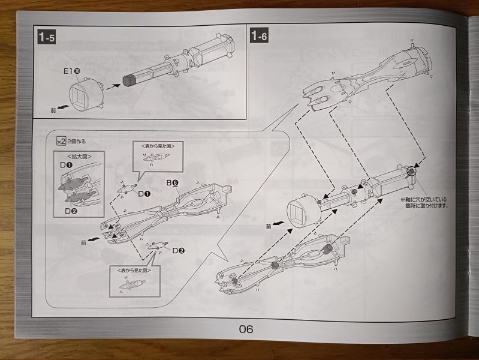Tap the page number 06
(x=246, y=328)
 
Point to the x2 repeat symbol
(x=60, y=142)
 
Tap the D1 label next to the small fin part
(x=144, y=194)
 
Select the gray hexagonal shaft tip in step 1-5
(x=128, y=79)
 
